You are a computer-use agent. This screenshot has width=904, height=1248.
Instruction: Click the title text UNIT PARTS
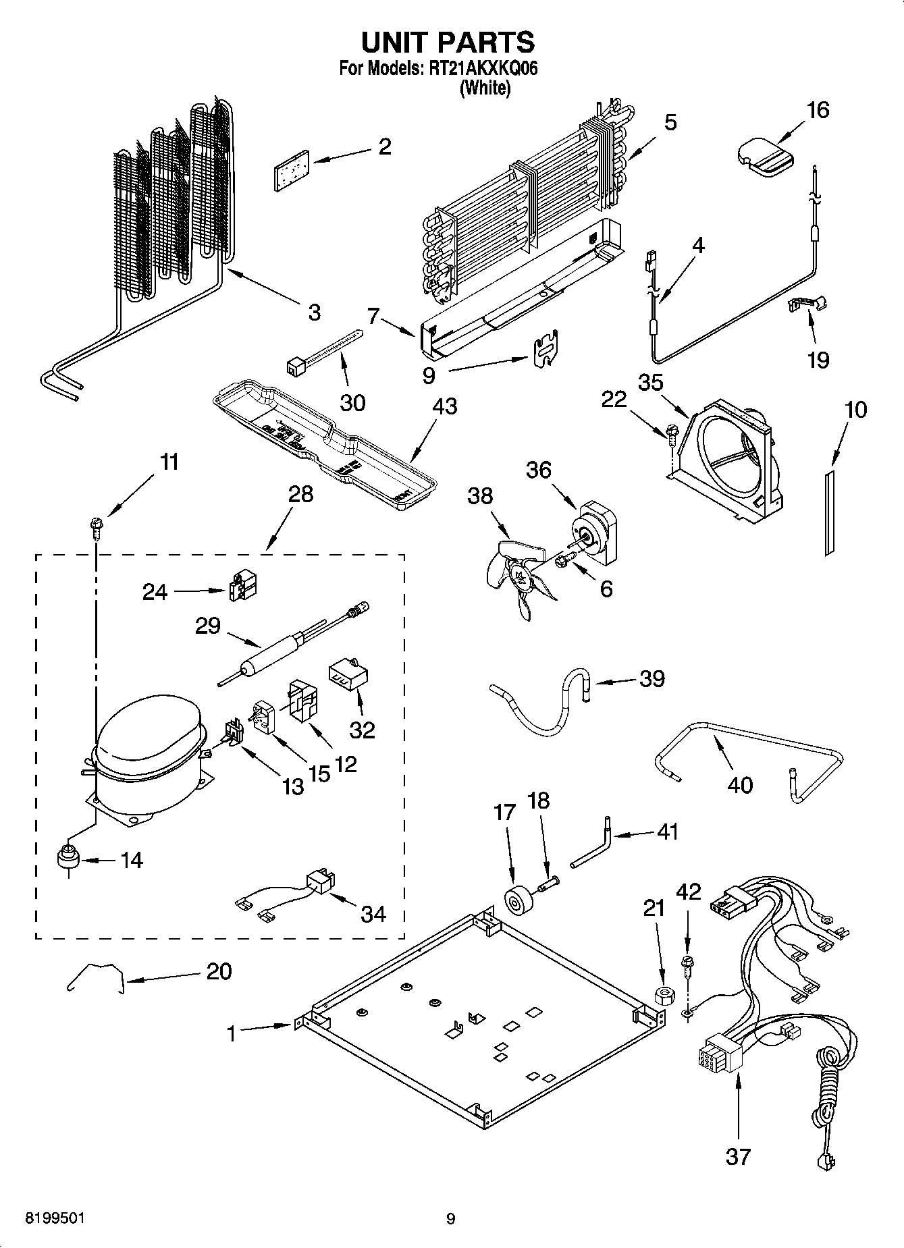coord(448,43)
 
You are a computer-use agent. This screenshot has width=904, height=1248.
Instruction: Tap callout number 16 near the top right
coord(818,110)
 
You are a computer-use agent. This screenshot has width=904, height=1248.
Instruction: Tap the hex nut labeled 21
coord(662,995)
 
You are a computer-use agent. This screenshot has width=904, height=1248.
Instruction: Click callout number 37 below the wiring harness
coord(737,1156)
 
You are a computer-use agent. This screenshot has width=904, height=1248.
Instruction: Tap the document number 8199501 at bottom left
coord(55,1218)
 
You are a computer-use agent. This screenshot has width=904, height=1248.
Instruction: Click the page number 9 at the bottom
coord(450,1218)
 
